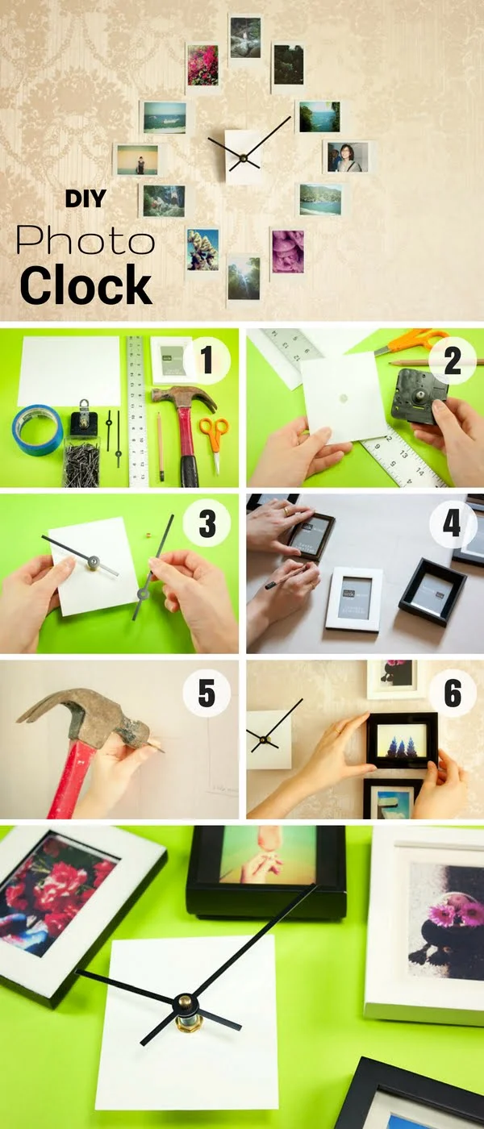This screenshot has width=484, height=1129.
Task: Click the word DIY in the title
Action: coord(85,198)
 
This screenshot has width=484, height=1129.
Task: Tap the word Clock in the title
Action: coord(86,285)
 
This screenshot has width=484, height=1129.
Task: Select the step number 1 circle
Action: coord(207,361)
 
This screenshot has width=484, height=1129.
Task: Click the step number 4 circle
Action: coord(452,525)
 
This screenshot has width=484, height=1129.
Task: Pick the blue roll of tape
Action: coord(37,430)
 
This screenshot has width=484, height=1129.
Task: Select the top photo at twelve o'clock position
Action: coord(244,37)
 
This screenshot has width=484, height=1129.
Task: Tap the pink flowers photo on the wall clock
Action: coord(202,65)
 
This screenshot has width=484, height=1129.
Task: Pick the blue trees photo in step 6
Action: coord(402,740)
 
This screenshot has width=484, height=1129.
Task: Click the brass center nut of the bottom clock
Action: coord(186,1005)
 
